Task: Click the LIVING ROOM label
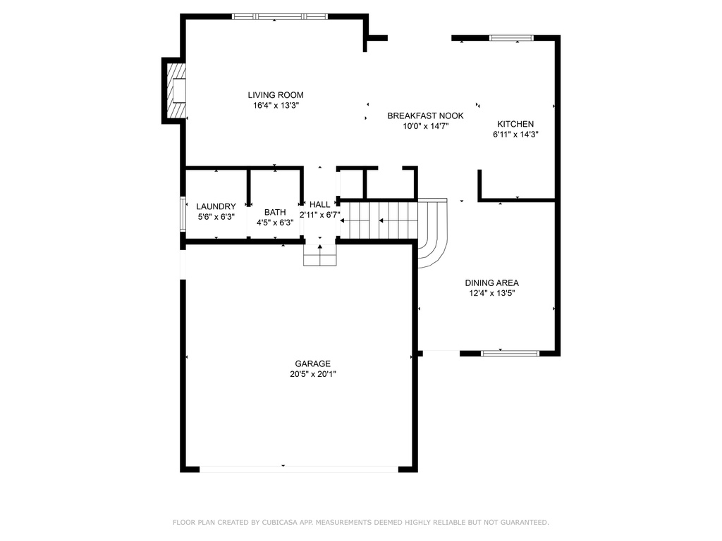coord(276,95)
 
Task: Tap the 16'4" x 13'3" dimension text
coord(276,106)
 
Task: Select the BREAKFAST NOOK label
coord(425,116)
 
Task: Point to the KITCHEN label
coord(515,124)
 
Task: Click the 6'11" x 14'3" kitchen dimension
coord(515,135)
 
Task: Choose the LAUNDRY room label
coord(216,206)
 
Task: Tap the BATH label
coord(275,212)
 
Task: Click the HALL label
coord(319,204)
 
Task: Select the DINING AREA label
coord(491,283)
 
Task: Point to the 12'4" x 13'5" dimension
coord(491,294)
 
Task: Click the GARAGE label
coord(312,363)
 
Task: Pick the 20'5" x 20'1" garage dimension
coord(312,374)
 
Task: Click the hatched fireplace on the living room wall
coord(176,91)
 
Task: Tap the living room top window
coord(279,17)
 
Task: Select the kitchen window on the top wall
coord(512,38)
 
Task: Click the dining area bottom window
coord(510,354)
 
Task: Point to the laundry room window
coord(183,213)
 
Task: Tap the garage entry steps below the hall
coord(320,255)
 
